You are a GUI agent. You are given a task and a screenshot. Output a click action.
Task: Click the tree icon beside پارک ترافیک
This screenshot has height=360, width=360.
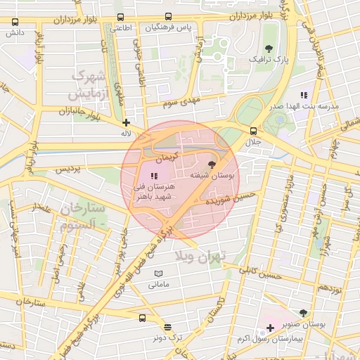[x=269, y=49]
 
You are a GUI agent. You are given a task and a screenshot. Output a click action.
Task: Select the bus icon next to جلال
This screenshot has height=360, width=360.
[x=254, y=130]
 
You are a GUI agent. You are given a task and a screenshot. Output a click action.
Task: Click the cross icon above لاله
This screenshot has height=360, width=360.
[x=126, y=122]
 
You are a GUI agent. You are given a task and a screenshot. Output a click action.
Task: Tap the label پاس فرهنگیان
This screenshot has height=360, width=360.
[x=169, y=27]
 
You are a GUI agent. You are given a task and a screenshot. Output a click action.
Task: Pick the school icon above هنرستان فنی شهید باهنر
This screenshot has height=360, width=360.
[x=154, y=175]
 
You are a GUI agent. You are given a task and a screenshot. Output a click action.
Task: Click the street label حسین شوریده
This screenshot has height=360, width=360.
[x=226, y=199]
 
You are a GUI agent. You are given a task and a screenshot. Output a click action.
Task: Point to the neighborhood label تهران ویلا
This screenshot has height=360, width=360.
[x=219, y=257]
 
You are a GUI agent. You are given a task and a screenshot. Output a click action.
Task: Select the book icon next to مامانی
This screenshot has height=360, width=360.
[x=158, y=274]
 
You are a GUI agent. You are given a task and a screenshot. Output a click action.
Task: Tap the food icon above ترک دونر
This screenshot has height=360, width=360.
[x=167, y=327]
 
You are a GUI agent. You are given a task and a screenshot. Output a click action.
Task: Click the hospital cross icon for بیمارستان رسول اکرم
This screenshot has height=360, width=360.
[x=270, y=328]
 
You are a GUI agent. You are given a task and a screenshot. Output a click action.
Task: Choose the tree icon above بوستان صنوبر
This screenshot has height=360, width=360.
[x=303, y=314]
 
